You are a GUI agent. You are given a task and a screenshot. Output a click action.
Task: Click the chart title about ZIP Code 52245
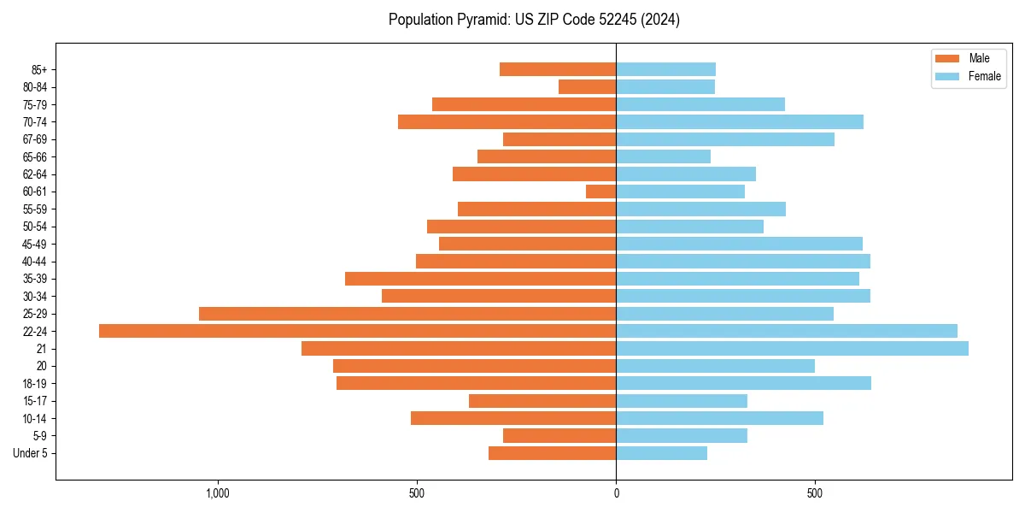(534, 20)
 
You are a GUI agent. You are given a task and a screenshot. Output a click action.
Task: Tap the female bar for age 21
(792, 349)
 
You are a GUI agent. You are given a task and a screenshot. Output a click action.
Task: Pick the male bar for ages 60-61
(600, 192)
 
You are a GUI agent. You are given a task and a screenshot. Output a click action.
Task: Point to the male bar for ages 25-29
(407, 314)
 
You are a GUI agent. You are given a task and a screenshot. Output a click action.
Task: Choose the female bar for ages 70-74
(740, 122)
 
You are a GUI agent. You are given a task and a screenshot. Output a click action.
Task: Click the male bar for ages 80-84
(587, 87)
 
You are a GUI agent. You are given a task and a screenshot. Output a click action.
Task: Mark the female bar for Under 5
(661, 453)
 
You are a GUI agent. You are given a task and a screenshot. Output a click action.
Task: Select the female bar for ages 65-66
(663, 156)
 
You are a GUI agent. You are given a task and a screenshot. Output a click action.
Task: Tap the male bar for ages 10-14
(513, 418)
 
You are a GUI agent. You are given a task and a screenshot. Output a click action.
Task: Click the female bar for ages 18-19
(743, 383)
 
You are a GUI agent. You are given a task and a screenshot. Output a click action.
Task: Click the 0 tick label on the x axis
(616, 493)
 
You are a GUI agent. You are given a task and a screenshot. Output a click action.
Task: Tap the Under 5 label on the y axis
(31, 453)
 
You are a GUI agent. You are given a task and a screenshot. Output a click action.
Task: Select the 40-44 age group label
(35, 262)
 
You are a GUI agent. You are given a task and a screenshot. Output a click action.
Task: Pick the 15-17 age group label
(35, 401)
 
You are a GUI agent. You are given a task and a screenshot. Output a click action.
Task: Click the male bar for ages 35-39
(480, 279)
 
